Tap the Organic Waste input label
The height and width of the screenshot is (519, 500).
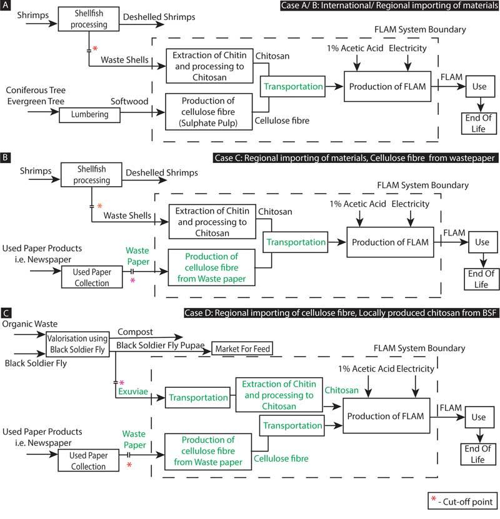point(29,324)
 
